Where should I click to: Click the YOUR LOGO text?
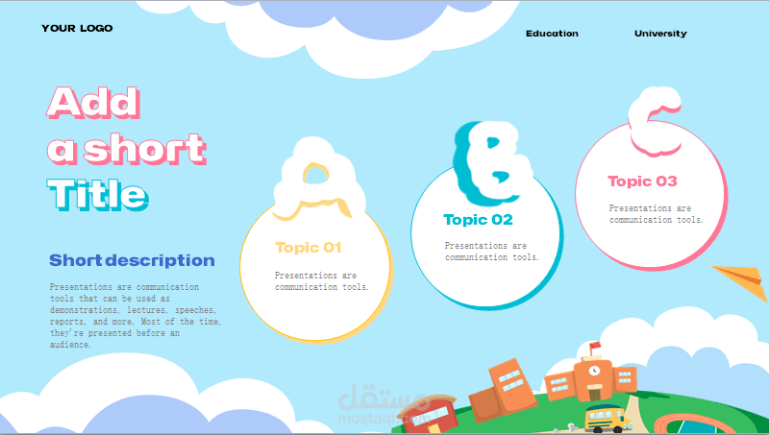77,29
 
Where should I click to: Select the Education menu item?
552,34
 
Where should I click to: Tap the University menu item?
660,34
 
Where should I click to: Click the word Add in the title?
93,103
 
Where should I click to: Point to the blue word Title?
98,194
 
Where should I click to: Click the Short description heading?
132,260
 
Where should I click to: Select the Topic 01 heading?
308,248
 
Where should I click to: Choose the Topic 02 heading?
478,220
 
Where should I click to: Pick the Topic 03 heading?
642,181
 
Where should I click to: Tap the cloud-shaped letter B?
493,161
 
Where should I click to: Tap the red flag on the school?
595,347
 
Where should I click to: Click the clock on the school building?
594,371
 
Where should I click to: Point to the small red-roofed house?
428,415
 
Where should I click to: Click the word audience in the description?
70,345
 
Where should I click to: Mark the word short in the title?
145,149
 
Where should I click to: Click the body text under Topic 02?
492,252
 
